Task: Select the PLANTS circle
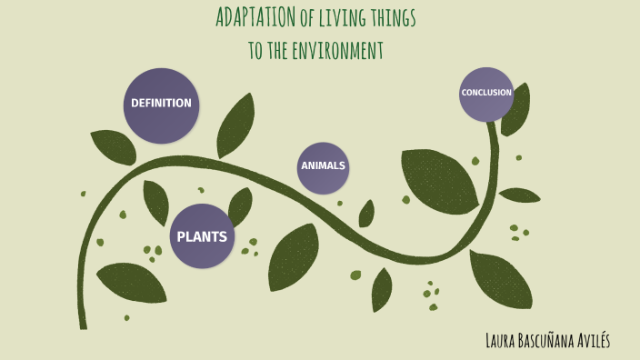point(203,236)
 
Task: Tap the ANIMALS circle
point(323,167)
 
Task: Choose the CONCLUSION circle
point(486,94)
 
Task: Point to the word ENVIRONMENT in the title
point(337,50)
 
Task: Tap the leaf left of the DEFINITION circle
point(113,145)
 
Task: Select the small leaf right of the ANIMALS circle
point(366,214)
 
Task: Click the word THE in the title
point(273,50)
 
